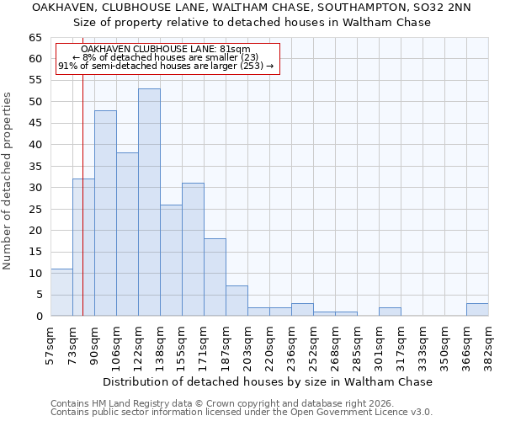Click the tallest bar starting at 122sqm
tap(149, 202)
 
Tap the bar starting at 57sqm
tap(61, 292)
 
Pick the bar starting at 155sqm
tap(193, 249)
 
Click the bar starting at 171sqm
tap(215, 277)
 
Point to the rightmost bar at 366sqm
tap(477, 309)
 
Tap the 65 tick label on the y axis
tap(35, 38)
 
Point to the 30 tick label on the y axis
tap(35, 188)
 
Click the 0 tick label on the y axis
tap(38, 316)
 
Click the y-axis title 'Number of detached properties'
tap(8, 181)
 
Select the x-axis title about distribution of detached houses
tap(268, 381)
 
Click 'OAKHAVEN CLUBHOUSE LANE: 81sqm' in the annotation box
tap(167, 50)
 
